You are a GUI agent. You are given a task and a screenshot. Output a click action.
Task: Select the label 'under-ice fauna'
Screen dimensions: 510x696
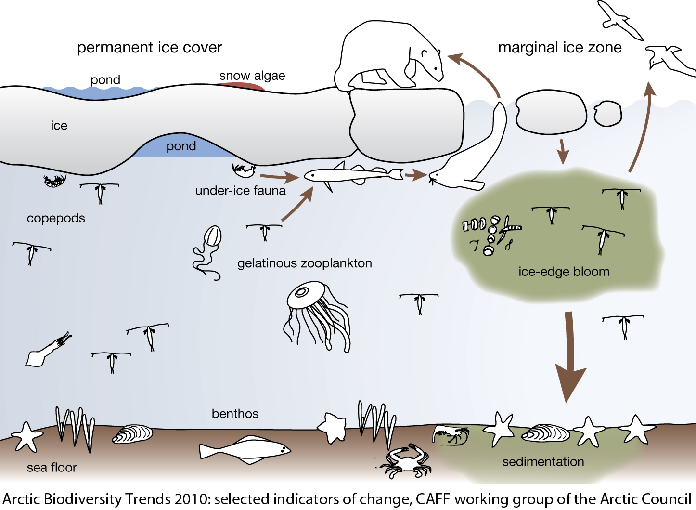point(240,191)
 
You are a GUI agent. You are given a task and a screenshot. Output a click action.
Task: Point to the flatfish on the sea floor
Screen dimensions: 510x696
point(245,449)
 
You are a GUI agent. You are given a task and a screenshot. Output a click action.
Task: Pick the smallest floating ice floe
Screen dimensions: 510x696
point(607,114)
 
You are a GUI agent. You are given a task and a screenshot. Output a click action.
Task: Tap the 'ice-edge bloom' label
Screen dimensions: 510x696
point(564,272)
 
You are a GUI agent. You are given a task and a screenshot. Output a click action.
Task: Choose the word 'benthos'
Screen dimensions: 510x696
point(235,414)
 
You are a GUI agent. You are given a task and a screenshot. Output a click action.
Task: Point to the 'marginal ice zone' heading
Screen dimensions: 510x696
point(559,47)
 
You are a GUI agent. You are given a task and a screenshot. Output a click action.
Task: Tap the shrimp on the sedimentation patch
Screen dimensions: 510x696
point(451,434)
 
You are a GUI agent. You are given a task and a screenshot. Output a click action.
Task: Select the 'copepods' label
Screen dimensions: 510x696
point(56,218)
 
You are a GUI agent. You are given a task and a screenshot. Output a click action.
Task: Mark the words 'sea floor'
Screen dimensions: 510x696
point(52,467)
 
